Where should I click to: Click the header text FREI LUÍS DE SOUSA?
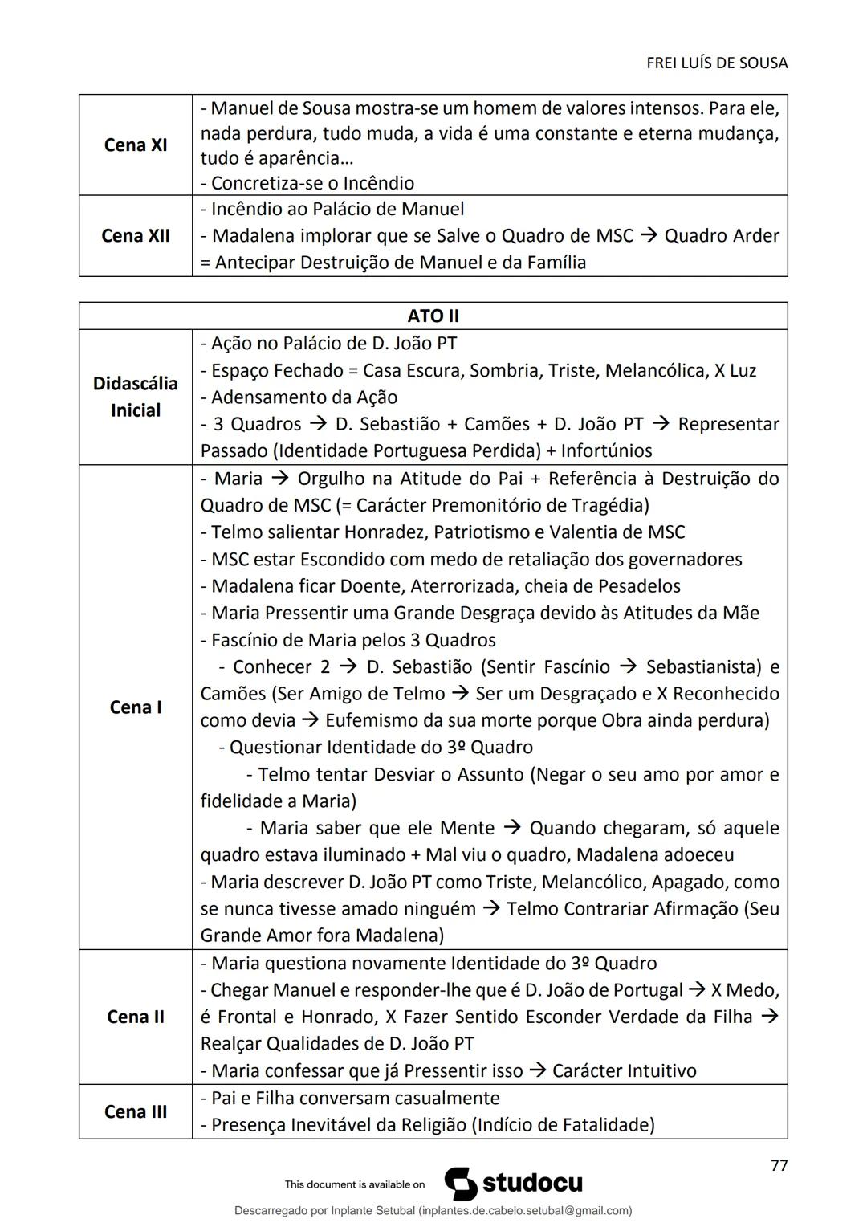716,63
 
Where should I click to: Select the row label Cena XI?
136,145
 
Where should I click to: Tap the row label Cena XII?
136,236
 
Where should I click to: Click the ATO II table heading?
433,316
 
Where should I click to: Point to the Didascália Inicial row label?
136,397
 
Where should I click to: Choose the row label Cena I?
136,707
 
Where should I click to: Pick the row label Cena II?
136,1017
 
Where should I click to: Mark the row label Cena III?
136,1111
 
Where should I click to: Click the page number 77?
778,1165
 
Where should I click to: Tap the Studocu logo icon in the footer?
461,1184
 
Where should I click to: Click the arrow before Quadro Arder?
649,236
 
